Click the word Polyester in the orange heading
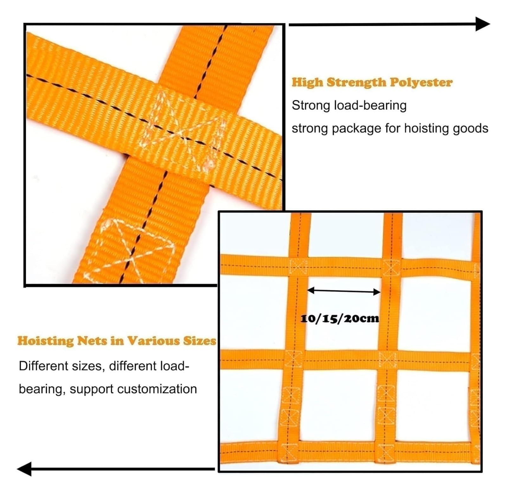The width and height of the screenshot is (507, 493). coord(421,82)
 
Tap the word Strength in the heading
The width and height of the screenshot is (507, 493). coord(356,82)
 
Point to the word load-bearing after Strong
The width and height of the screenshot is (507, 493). coord(370,106)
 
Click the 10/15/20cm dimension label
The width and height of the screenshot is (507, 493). coord(340,318)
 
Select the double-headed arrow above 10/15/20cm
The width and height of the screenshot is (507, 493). coord(344,291)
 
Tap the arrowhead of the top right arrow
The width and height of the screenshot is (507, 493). coord(483,24)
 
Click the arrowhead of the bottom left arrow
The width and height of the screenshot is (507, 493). coord(24,469)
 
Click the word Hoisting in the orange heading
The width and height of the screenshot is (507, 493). coord(45,341)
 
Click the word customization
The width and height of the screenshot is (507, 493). coord(157,389)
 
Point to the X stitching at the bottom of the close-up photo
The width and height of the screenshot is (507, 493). coord(133,251)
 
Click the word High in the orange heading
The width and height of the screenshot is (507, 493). coord(308,82)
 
